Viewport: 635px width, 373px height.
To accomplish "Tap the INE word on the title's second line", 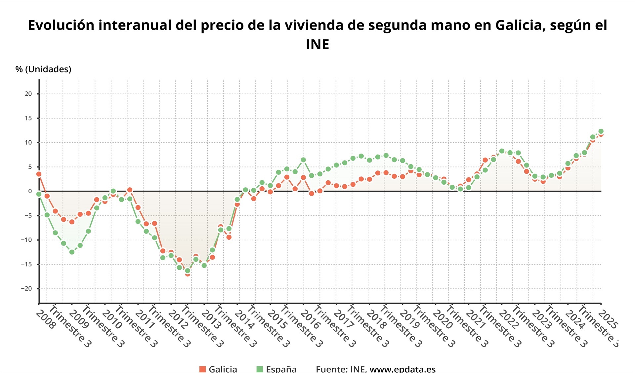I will pos(317,45).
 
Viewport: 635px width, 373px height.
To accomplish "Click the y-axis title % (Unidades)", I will pos(43,69).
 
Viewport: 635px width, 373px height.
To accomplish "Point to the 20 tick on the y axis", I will pos(28,94).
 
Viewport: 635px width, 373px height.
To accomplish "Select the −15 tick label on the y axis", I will pos(26,264).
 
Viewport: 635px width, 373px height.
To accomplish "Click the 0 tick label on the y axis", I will pos(30,191).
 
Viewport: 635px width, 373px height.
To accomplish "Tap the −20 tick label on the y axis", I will pos(26,289).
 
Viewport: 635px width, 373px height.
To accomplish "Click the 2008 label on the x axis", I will pos(45,320).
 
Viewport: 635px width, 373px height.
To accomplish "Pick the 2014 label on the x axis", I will pos(244,320).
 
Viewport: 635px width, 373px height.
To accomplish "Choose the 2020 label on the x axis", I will pos(443,320).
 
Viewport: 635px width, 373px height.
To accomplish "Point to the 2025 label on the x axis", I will pos(608,320).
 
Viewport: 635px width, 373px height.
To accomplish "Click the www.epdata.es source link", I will pos(402,369).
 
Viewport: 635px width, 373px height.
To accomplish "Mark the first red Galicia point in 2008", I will pos(39,174).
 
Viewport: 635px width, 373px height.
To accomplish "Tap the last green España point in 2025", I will pos(601,131).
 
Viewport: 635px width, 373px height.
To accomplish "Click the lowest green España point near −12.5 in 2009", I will pos(72,252).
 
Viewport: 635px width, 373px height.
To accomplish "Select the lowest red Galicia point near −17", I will pos(188,274).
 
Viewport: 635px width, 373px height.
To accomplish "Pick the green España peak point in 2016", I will pos(303,160).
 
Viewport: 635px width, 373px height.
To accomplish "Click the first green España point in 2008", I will pos(39,194).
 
